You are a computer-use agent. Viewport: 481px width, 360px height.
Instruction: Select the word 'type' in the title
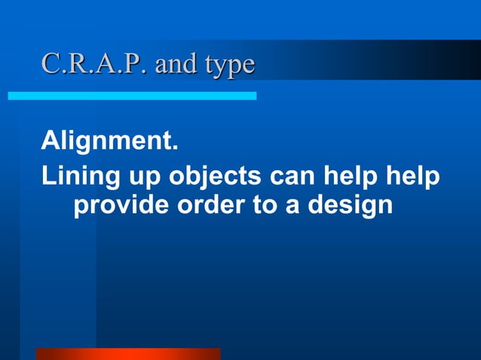pyautogui.click(x=228, y=66)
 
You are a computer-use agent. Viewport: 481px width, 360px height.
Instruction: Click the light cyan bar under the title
pyautogui.click(x=132, y=96)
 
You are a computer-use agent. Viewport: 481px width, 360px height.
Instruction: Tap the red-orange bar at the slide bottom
pyautogui.click(x=128, y=353)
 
